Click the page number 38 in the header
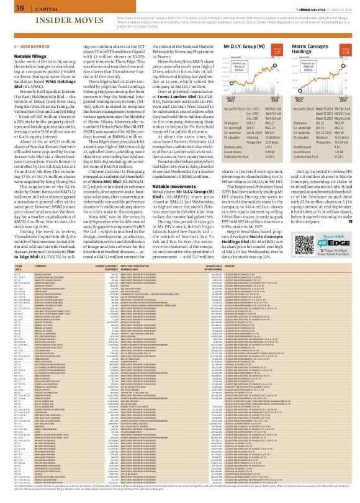pyautogui.click(x=19, y=8)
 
